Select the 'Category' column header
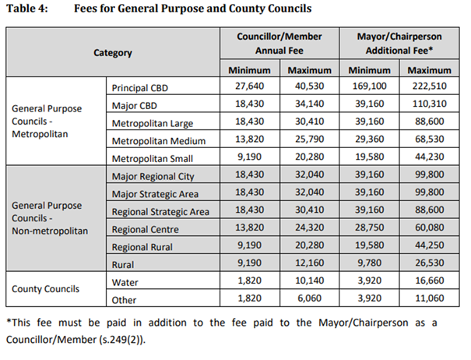[x=112, y=53]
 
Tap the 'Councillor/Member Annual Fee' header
[x=279, y=44]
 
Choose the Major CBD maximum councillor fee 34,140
[x=310, y=105]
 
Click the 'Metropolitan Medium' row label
[x=158, y=141]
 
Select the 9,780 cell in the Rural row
[x=368, y=264]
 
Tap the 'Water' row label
[x=125, y=281]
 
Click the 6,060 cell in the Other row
[x=310, y=299]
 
